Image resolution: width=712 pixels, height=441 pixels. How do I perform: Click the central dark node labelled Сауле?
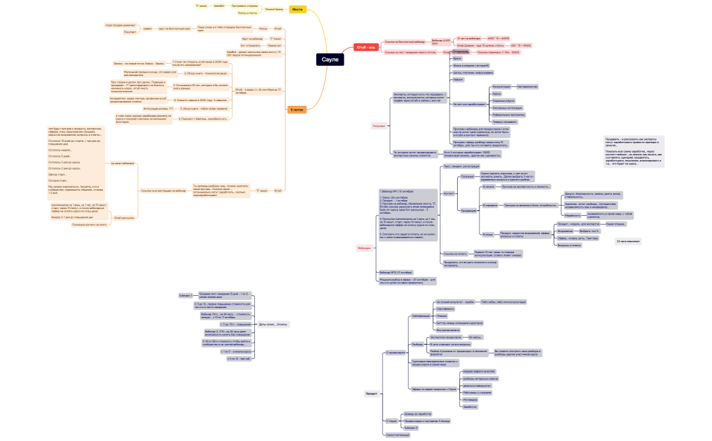(x=330, y=60)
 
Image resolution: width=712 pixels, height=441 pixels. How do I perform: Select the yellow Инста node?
(x=296, y=9)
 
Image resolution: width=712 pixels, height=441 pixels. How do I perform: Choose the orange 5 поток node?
(x=296, y=109)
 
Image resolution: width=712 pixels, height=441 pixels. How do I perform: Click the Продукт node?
(x=372, y=394)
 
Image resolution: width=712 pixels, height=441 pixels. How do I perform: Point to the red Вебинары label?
(x=364, y=248)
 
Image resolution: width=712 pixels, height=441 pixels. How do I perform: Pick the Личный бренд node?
(x=274, y=9)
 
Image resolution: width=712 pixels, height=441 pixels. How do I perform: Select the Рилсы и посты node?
(x=247, y=13)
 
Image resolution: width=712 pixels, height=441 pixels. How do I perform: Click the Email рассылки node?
(x=124, y=218)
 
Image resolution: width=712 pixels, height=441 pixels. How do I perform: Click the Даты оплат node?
(x=273, y=324)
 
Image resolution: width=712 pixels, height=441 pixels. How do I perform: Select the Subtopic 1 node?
(x=185, y=296)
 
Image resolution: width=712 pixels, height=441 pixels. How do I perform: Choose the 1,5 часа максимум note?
(x=627, y=241)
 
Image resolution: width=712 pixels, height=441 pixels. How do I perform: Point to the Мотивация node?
(x=470, y=400)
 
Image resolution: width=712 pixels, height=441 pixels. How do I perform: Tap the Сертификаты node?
(x=445, y=309)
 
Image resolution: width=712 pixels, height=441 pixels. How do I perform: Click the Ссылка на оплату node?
(x=455, y=254)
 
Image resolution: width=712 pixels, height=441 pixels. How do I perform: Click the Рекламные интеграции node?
(x=506, y=107)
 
